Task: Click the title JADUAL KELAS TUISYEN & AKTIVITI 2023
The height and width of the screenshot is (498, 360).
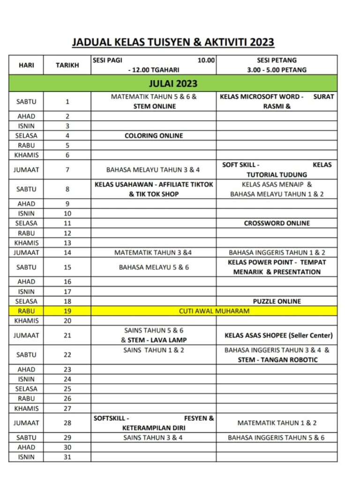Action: click(x=173, y=42)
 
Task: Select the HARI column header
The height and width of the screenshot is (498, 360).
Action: click(x=26, y=65)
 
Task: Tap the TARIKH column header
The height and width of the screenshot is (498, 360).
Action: click(x=67, y=65)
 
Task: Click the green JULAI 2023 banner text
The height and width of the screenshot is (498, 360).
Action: click(x=173, y=84)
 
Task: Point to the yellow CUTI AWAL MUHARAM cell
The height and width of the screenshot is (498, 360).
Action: click(x=214, y=311)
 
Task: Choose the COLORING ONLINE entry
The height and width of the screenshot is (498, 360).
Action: click(x=154, y=136)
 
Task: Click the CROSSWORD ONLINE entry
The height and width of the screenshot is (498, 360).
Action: click(x=277, y=223)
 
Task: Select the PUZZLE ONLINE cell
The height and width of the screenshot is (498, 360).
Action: click(x=277, y=301)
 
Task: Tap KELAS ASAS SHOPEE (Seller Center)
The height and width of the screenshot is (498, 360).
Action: click(x=278, y=335)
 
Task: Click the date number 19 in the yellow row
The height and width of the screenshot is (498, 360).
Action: click(x=67, y=311)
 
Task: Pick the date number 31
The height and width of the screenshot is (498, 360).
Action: click(x=67, y=457)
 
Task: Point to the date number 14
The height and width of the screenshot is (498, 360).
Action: click(x=67, y=252)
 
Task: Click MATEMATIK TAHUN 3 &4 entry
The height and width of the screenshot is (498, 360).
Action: click(x=153, y=252)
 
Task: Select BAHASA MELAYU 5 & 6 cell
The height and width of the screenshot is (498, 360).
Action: click(x=154, y=267)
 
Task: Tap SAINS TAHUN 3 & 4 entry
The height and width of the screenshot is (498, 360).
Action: click(x=153, y=438)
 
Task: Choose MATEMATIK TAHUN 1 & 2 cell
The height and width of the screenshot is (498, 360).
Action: click(x=277, y=423)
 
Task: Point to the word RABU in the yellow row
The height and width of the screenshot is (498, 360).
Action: click(x=26, y=311)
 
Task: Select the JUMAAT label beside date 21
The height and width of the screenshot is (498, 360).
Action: click(x=26, y=335)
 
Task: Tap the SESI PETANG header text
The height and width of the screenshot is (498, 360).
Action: click(x=277, y=60)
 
